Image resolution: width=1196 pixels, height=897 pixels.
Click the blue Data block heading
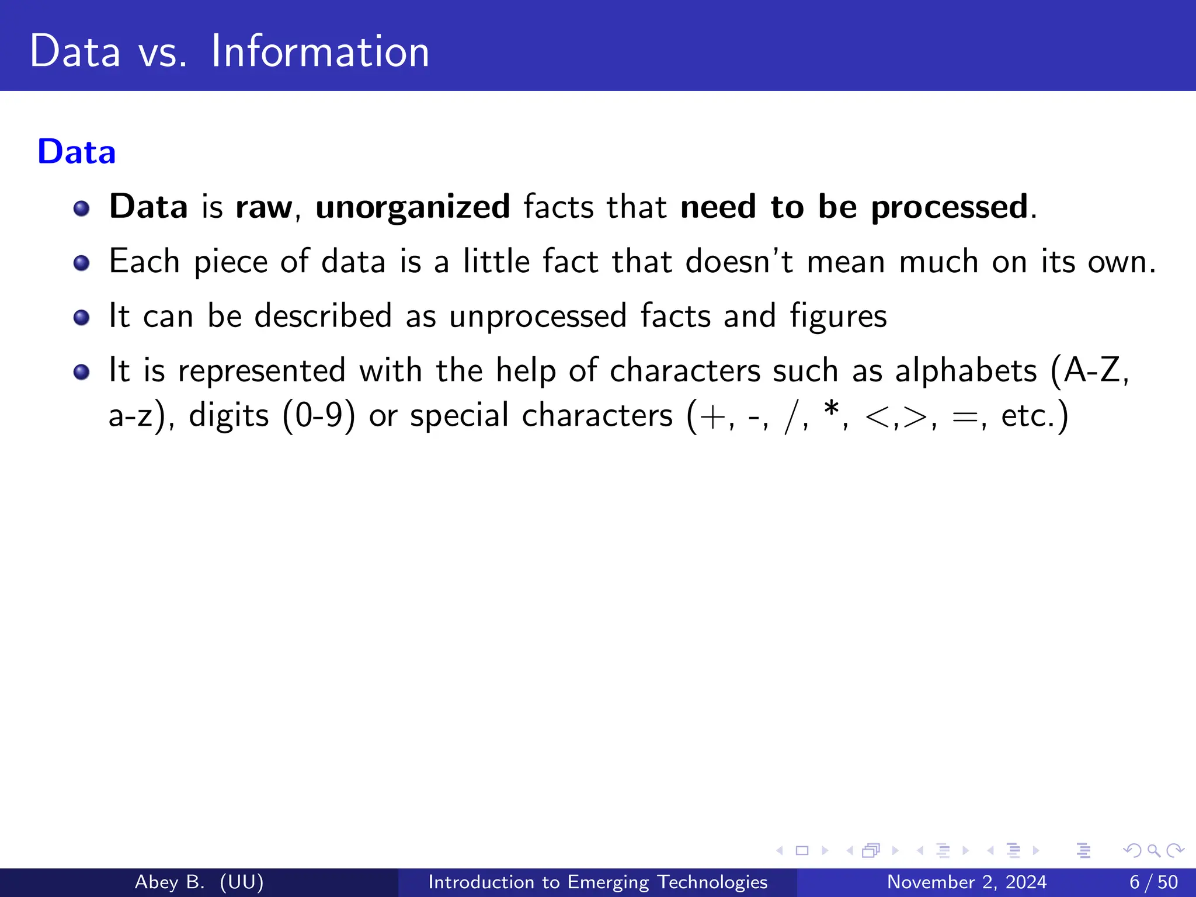(77, 152)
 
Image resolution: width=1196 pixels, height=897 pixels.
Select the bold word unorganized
(413, 207)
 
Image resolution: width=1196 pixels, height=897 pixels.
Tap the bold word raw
(263, 208)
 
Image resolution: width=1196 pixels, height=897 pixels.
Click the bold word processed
(950, 208)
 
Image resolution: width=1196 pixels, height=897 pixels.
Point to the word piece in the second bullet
(230, 262)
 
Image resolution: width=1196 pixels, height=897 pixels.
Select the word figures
(838, 317)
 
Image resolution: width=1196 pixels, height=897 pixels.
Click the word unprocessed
(538, 317)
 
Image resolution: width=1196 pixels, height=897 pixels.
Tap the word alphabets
(966, 371)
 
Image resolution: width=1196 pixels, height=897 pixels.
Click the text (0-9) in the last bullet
(319, 416)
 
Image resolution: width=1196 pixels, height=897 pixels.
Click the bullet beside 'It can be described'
(82, 317)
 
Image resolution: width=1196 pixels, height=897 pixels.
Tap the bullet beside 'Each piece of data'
(82, 263)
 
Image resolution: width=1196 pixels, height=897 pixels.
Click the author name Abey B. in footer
(169, 882)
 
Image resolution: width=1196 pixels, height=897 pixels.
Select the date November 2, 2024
(966, 882)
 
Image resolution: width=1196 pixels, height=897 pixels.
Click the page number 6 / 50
(1153, 882)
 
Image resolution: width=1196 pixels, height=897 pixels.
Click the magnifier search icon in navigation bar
(1153, 850)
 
